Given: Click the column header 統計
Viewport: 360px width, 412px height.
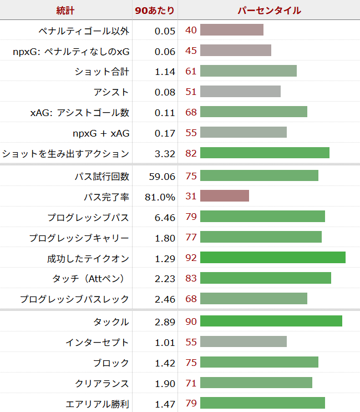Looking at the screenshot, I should (x=65, y=11).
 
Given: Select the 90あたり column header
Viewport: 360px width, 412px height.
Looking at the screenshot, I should (x=155, y=11).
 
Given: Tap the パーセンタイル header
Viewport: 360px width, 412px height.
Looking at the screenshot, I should (x=269, y=11).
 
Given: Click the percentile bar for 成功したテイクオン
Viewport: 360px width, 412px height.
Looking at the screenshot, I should (x=272, y=258).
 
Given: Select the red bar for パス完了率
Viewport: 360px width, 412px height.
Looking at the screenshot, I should (x=224, y=196).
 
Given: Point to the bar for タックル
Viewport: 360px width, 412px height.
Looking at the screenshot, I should (x=271, y=321).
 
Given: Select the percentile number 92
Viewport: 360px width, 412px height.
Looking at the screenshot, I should (x=191, y=258).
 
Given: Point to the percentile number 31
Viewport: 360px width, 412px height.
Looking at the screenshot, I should (x=191, y=197).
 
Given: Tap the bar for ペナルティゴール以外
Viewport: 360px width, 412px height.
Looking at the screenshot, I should (x=231, y=30).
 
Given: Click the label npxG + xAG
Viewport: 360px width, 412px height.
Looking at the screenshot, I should (x=101, y=133).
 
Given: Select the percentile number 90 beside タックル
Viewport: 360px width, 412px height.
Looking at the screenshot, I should (x=191, y=322).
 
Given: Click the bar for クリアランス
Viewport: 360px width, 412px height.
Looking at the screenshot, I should (x=256, y=383).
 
